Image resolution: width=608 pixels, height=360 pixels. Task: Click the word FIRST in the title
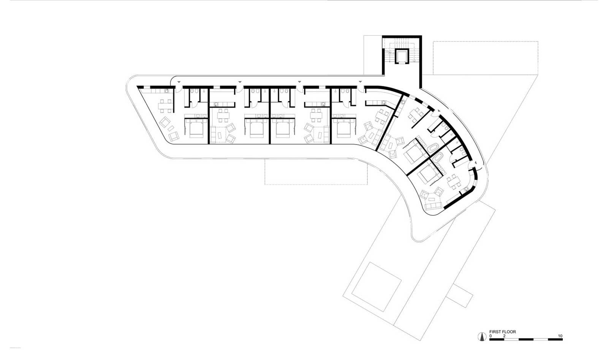(495, 332)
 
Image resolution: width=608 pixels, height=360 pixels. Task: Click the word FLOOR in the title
(509, 332)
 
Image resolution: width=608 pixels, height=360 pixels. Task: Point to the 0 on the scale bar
(490, 336)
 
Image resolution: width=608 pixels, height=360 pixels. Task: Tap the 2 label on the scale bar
(504, 336)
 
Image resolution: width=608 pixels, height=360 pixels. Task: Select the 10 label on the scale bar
(560, 336)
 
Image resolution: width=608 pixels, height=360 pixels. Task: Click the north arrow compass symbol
(482, 336)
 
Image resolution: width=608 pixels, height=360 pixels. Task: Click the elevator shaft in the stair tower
(401, 57)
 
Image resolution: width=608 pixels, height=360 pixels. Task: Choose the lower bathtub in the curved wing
(439, 159)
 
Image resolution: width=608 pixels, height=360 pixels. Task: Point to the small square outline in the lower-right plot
(377, 281)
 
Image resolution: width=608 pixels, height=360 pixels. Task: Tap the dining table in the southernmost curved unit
(454, 182)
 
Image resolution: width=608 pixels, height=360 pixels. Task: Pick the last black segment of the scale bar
(555, 339)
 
